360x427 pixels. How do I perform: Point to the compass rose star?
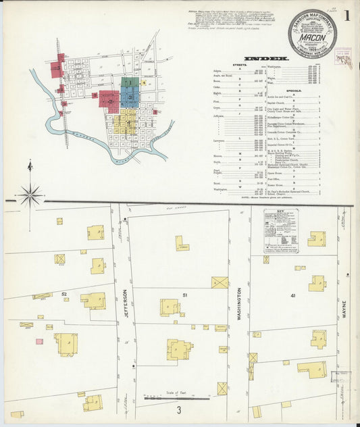[x=30, y=196]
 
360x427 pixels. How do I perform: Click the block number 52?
[x=64, y=294]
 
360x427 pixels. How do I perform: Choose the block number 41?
[x=292, y=295]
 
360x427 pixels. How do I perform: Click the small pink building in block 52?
[x=39, y=341]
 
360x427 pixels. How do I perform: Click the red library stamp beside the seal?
[x=344, y=58]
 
